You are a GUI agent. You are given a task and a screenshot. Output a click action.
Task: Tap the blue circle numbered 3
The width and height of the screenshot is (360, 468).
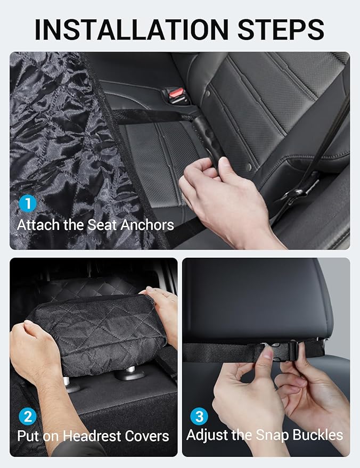[199, 415]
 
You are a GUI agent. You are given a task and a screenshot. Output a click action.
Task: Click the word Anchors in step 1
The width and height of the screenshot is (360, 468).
[147, 225]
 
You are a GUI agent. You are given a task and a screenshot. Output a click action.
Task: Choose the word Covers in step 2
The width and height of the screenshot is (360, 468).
[146, 437]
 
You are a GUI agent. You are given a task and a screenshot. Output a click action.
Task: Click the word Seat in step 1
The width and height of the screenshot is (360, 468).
[102, 225]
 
